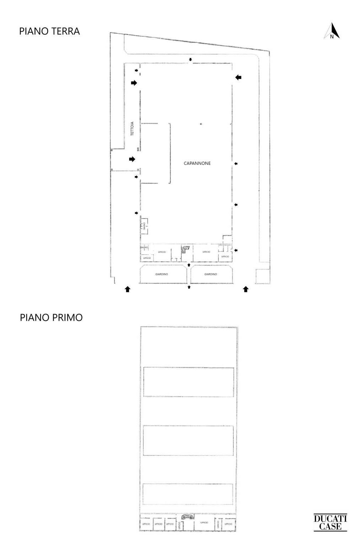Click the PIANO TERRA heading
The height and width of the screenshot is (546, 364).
49,31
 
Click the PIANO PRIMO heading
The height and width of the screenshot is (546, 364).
51,317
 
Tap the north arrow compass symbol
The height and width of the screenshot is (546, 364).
332,31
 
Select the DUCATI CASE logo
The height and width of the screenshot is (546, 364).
330,522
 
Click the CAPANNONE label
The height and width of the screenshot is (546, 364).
197,163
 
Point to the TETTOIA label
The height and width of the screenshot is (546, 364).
132,129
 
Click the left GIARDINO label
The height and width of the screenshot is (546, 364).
162,274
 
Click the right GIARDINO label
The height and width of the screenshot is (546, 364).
211,274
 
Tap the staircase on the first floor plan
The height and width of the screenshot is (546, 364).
187,517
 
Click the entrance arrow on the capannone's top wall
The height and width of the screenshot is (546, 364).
191,59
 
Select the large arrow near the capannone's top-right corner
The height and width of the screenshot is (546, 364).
238,77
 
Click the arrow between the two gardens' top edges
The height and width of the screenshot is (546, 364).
189,265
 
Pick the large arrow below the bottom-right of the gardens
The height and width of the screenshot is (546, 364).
246,289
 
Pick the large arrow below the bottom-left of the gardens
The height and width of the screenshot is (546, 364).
127,289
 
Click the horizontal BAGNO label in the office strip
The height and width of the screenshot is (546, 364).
144,247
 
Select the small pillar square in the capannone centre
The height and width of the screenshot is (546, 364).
201,124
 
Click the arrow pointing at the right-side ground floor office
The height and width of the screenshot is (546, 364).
236,250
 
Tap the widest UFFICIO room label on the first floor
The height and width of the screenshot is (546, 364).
204,523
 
